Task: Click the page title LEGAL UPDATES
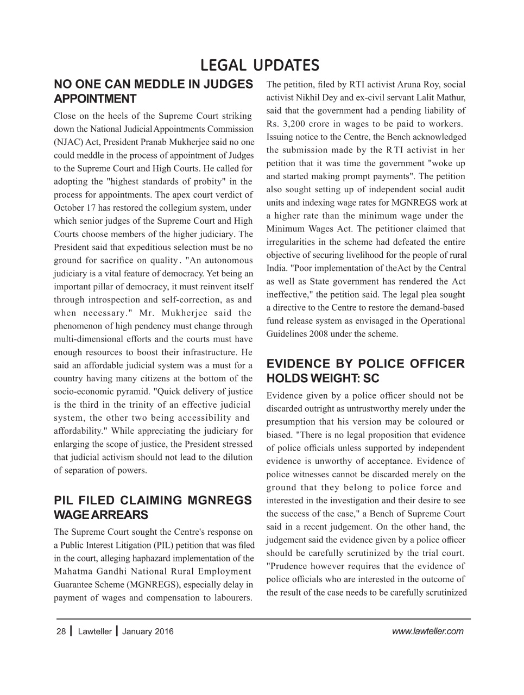(260, 65)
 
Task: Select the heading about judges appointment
(153, 91)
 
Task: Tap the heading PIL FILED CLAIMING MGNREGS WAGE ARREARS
(153, 507)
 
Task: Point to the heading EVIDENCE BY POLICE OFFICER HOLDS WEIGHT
(365, 371)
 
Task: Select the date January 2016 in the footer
(148, 631)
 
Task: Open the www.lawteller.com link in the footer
(427, 631)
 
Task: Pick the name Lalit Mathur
(446, 98)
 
